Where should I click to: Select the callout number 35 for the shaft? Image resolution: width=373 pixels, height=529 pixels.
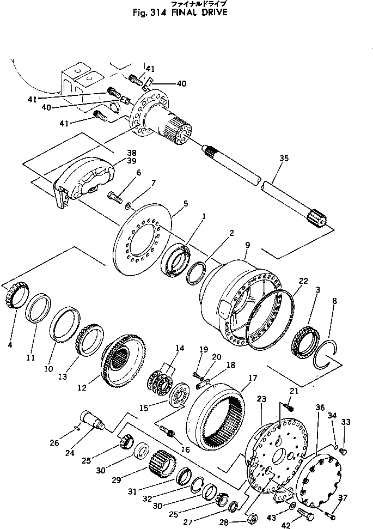coord(283,160)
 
